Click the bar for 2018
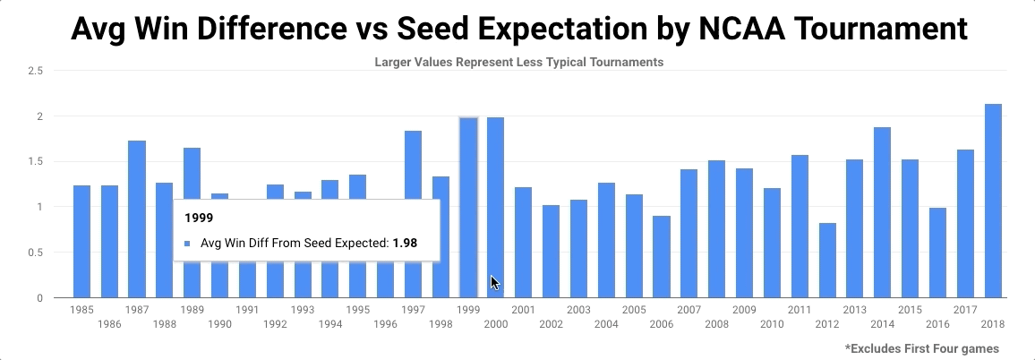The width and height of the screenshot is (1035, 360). [992, 201]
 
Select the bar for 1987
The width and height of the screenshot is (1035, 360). [136, 219]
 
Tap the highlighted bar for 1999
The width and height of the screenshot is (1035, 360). [468, 207]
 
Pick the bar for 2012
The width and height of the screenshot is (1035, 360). [827, 261]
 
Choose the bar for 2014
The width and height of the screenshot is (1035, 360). [882, 212]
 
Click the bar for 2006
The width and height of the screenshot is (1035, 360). [662, 257]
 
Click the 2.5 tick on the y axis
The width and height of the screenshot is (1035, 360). [37, 71]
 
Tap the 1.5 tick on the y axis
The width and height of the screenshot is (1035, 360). [37, 162]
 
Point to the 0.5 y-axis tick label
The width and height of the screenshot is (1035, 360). [37, 253]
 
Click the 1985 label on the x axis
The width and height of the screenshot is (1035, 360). [81, 310]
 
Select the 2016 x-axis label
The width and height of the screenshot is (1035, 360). [937, 323]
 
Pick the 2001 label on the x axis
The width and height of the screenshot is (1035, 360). [523, 310]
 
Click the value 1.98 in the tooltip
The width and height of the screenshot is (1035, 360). [405, 242]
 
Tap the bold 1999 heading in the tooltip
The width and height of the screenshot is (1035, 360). [198, 218]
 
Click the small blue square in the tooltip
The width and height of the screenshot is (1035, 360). [187, 243]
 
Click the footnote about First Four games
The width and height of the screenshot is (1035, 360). [921, 347]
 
